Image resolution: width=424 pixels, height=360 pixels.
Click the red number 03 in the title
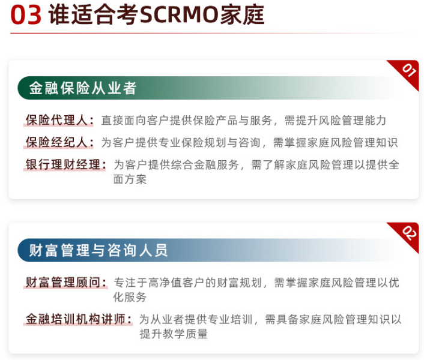tap(26, 16)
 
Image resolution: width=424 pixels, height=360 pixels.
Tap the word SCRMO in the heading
tap(174, 16)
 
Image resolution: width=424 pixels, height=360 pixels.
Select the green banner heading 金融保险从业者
tap(83, 88)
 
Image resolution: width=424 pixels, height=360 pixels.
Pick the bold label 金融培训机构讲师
tap(77, 319)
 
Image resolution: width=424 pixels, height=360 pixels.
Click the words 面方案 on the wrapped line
tap(130, 179)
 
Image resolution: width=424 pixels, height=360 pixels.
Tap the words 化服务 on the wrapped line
tap(130, 297)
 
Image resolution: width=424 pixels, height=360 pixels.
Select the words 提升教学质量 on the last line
tap(174, 334)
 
